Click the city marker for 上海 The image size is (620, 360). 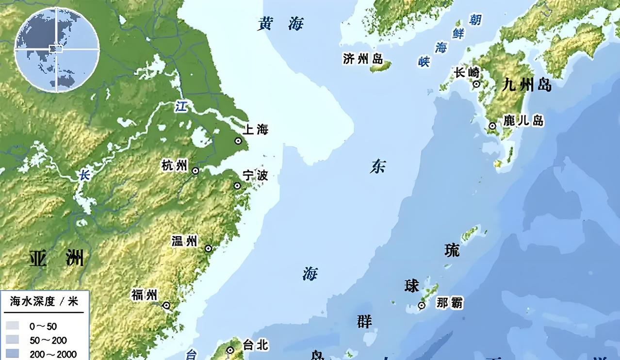pos(238,141)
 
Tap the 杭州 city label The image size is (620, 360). pos(174,166)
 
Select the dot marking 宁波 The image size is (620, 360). pos(237,185)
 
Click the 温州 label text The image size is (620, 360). pos(184,241)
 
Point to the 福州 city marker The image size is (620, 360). pos(166,306)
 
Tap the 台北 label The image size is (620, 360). pos(255,345)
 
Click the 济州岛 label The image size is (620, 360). pos(363,59)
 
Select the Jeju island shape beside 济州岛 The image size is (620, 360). pos(381,67)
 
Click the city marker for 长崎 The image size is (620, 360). pos(476,84)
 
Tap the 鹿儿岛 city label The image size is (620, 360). pos(523,120)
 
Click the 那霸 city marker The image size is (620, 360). pos(422,306)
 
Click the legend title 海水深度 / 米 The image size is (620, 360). pos(44,301)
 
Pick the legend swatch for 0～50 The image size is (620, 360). pos(13,327)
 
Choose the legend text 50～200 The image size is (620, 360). pos(49,341)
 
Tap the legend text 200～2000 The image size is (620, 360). pos(53,354)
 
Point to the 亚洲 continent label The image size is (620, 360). pos(56,259)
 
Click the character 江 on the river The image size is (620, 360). pos(181,107)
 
